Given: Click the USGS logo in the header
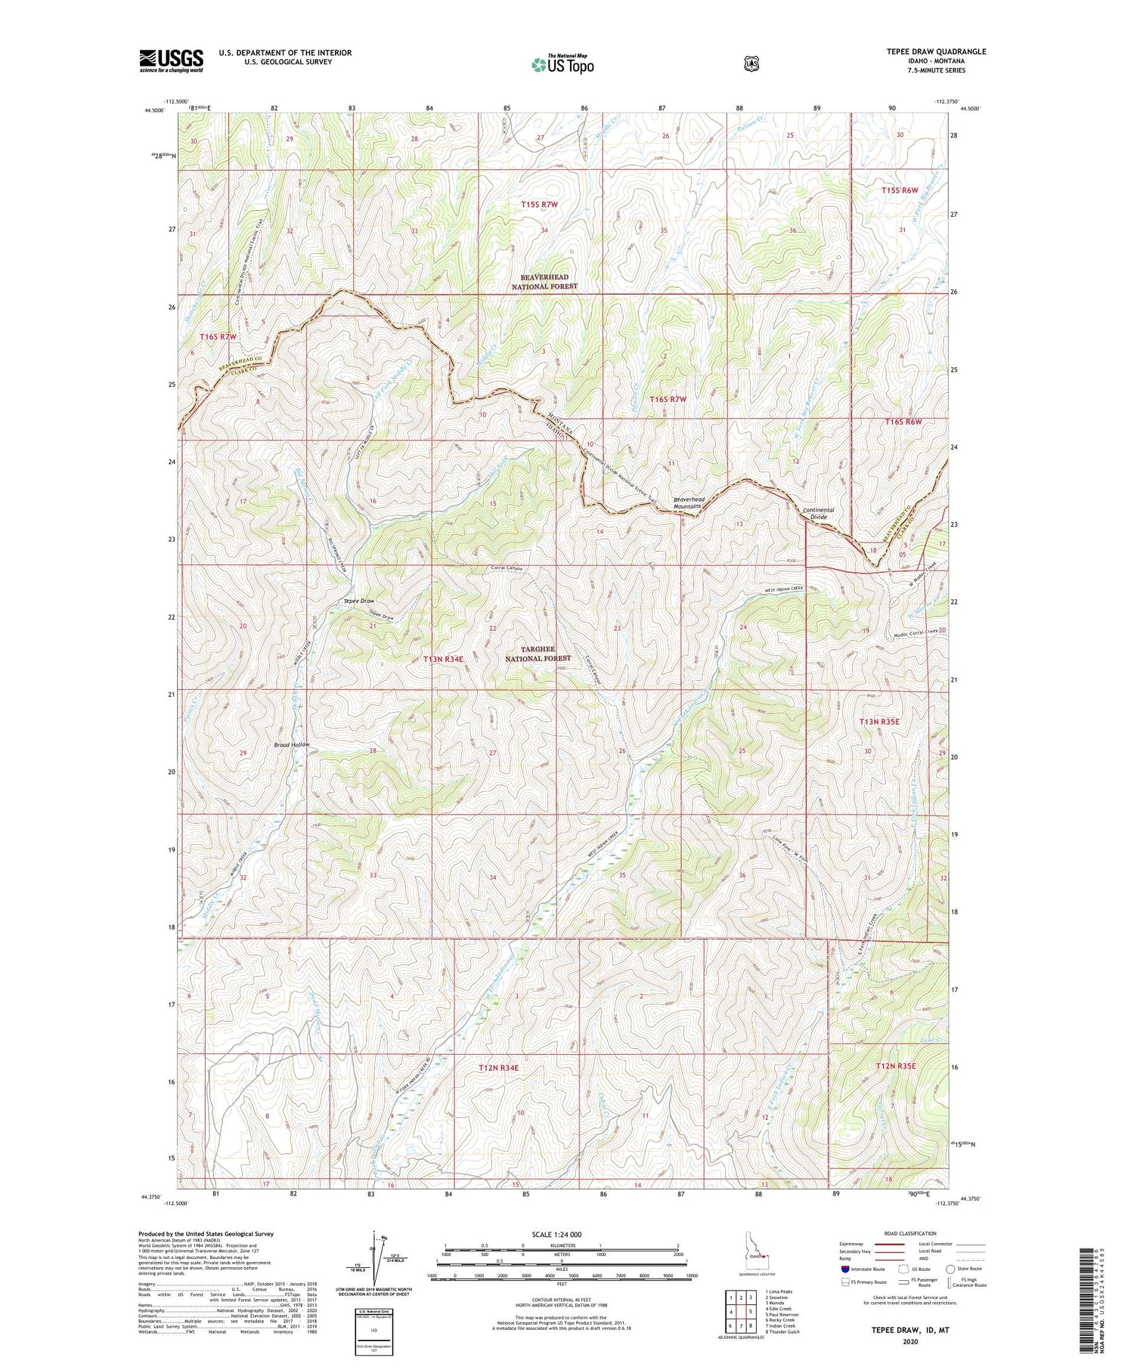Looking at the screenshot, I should tap(171, 60).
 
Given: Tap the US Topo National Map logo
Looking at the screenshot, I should tap(562, 64).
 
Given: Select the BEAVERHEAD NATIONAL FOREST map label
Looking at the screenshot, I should tap(544, 282).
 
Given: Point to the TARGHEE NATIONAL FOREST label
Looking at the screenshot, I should tap(538, 654).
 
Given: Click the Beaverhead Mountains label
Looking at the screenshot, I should tap(689, 503).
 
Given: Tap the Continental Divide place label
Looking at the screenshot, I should tap(818, 514).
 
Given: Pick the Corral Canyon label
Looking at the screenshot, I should tap(507, 568).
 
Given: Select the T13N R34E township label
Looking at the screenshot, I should tap(443, 659).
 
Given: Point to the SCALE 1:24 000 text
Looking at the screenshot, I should tap(562, 1234).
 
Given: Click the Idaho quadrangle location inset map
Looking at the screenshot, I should tap(753, 1258).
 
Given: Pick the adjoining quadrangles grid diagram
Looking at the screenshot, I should tap(740, 1313).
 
